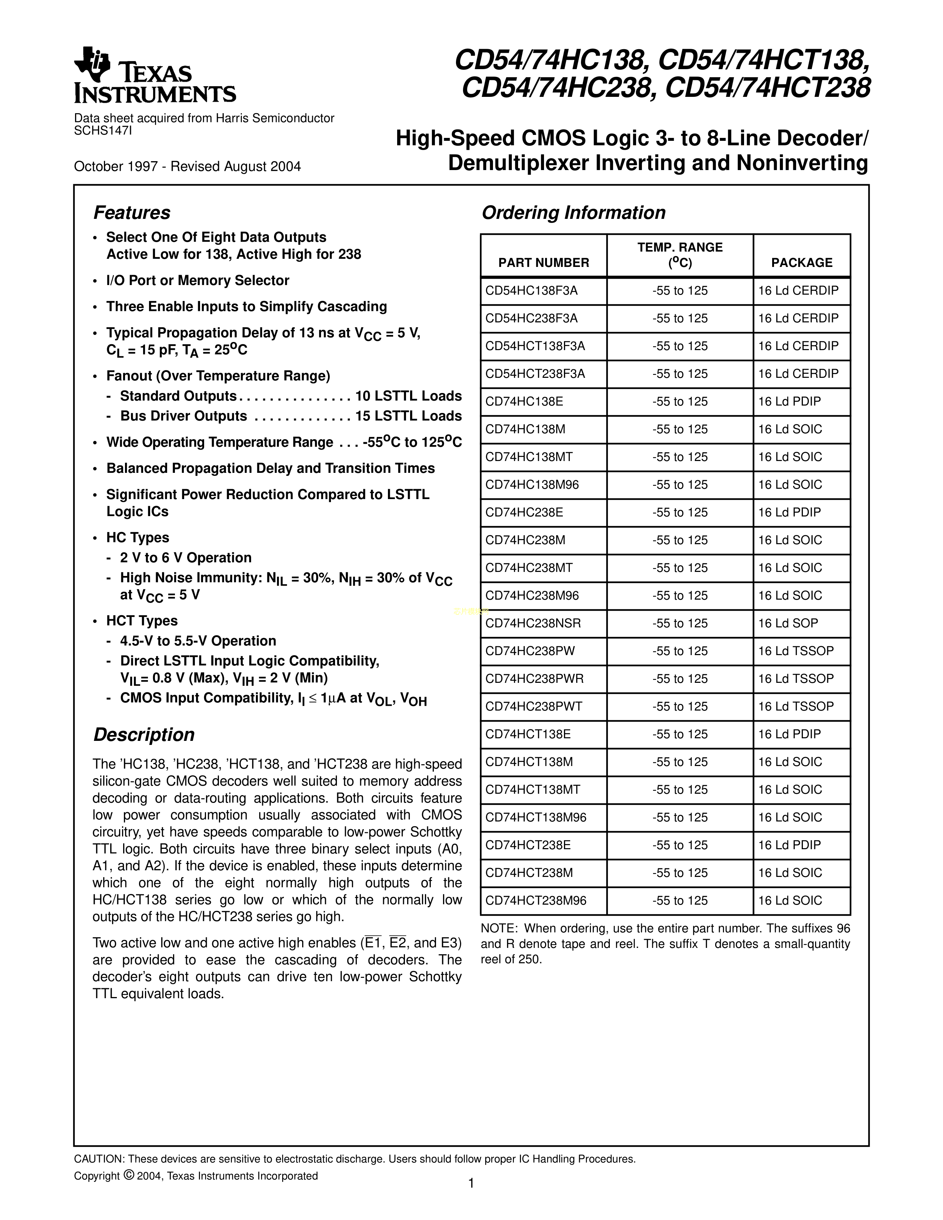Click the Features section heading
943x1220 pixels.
pos(132,213)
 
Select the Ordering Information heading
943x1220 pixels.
pos(573,213)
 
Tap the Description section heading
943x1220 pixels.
pos(143,735)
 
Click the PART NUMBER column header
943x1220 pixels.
pos(544,262)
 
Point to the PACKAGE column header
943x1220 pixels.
pos(802,262)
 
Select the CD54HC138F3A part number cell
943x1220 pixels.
pos(531,291)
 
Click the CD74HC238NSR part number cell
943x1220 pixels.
pos(533,623)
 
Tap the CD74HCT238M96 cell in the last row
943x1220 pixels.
pos(536,901)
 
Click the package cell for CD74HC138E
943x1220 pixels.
pos(789,401)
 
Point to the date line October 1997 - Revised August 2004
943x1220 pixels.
pos(187,166)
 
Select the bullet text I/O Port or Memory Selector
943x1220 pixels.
pos(198,281)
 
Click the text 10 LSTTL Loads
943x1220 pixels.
pos(408,396)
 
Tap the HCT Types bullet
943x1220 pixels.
pos(142,621)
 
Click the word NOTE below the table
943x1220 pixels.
pos(497,928)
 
